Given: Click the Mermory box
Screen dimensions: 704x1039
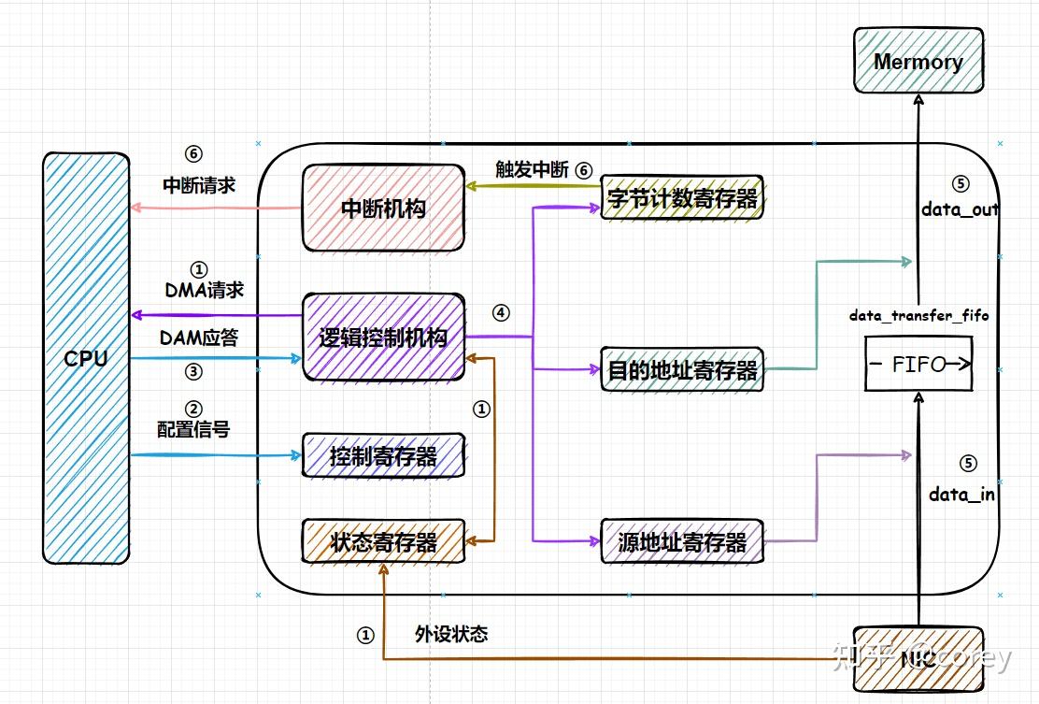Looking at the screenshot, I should [x=918, y=61].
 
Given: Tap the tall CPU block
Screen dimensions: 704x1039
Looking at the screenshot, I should [x=86, y=358].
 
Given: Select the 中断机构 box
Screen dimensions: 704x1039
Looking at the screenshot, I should [x=383, y=208].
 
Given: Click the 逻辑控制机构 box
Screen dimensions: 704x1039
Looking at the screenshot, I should [x=383, y=338].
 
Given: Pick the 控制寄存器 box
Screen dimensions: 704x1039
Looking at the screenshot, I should [x=383, y=456].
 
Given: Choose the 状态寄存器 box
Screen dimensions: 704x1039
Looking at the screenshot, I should [x=383, y=541].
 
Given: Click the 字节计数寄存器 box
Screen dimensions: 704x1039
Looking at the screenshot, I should [x=682, y=197].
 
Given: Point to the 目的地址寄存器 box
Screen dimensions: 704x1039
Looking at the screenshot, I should [x=682, y=370].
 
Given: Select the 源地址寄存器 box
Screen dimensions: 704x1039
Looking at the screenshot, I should [x=682, y=541].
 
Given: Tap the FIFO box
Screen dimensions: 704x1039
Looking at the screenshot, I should [x=918, y=365].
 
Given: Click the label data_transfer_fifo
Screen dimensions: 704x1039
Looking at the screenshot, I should [x=918, y=316].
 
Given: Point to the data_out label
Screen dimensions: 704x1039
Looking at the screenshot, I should [x=960, y=209].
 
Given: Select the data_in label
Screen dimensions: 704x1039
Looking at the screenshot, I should [x=961, y=495].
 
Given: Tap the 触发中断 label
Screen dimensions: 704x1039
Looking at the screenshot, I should [x=532, y=170].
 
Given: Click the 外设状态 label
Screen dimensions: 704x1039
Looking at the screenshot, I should [x=451, y=634].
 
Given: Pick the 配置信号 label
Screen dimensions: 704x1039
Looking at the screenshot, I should [x=193, y=429].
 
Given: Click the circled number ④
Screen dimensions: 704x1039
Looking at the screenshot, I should [x=501, y=313].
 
